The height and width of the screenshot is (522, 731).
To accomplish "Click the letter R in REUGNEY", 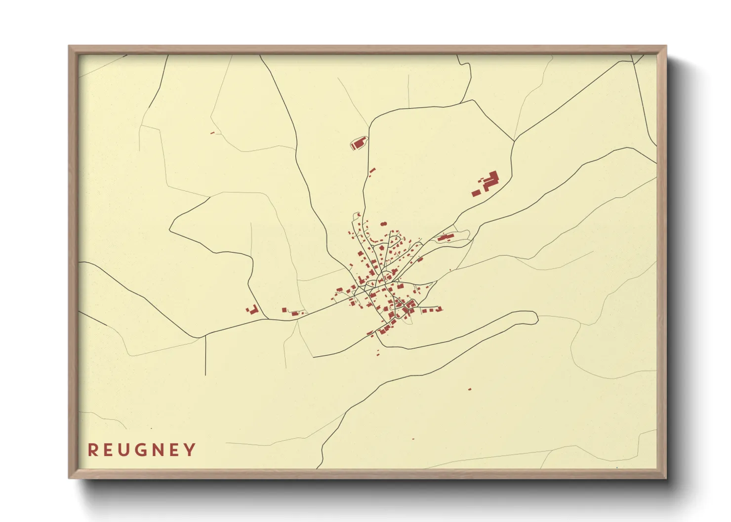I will [x=92, y=450].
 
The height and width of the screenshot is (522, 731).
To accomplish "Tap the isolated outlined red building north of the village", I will [x=359, y=144].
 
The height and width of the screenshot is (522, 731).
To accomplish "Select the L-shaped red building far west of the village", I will [x=253, y=310].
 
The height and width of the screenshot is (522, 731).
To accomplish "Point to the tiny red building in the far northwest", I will [x=212, y=133].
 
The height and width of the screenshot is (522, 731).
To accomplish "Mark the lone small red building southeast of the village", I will [x=469, y=389].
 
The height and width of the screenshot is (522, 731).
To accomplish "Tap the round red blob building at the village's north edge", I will [x=382, y=224].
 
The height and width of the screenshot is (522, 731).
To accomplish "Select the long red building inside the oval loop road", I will [x=445, y=238].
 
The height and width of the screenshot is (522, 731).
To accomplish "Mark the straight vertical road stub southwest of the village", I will [x=205, y=356].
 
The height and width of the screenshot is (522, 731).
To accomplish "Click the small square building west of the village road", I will [x=284, y=310].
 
